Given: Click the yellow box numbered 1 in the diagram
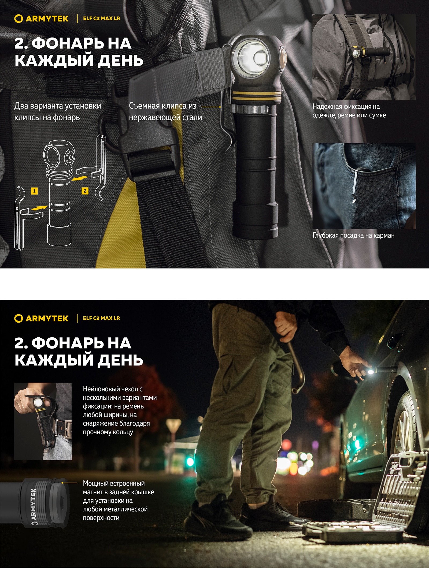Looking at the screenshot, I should pos(34,191).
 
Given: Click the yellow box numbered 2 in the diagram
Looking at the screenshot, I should pos(85,191).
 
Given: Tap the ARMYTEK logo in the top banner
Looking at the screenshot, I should pos(42,19).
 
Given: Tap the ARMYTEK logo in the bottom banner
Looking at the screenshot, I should pos(42,318).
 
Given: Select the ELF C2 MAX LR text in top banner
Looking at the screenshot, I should pos(101,19).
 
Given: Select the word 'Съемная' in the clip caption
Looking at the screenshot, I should pos(142,106).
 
